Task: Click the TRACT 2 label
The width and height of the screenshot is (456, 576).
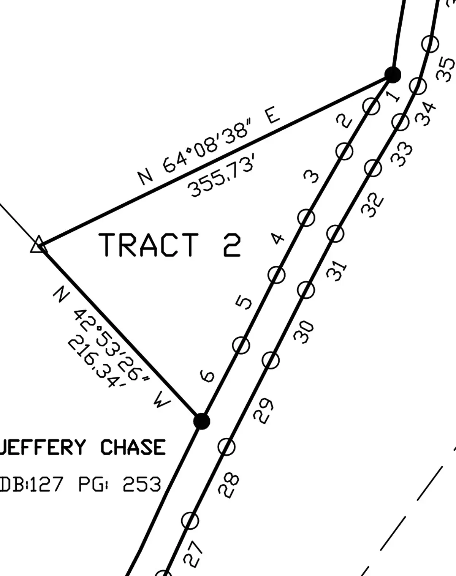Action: [169, 245]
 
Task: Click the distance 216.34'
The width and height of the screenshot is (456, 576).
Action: [97, 363]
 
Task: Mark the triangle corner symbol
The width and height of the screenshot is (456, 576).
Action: [39, 244]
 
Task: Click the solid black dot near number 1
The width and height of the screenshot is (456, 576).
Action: [393, 75]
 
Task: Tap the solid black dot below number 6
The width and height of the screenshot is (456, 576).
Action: [201, 421]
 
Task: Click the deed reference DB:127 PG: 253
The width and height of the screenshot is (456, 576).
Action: [81, 484]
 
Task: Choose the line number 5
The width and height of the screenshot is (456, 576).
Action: [244, 303]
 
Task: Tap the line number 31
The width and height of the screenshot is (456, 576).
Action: [337, 271]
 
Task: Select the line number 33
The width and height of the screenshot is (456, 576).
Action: [401, 155]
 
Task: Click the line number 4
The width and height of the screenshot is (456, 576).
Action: [277, 238]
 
